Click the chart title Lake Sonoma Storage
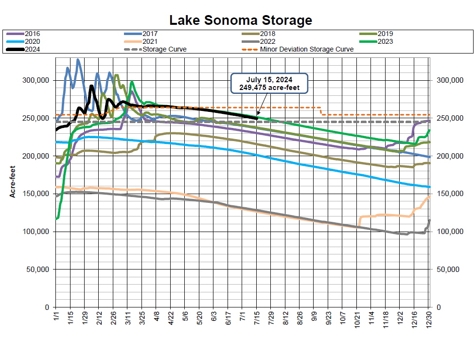[x=240, y=20]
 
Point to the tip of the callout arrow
[x=257, y=115]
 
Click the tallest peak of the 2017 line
[x=78, y=60]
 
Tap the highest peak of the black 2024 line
[x=91, y=86]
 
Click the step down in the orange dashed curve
[x=320, y=111]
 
